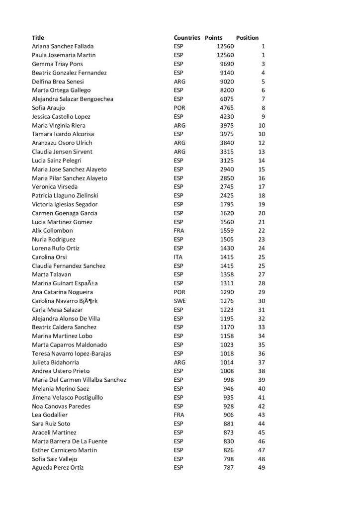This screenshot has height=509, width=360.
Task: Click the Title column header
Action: tap(38, 38)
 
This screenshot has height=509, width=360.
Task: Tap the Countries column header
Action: tap(187, 38)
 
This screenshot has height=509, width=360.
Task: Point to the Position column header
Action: tap(247, 38)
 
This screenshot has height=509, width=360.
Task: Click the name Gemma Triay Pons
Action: tap(57, 64)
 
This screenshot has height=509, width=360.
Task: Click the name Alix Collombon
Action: tap(52, 231)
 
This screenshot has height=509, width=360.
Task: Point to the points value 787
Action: tap(228, 468)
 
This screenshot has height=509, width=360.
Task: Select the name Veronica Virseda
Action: tap(55, 187)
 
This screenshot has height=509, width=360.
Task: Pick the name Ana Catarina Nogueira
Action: tap(62, 292)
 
